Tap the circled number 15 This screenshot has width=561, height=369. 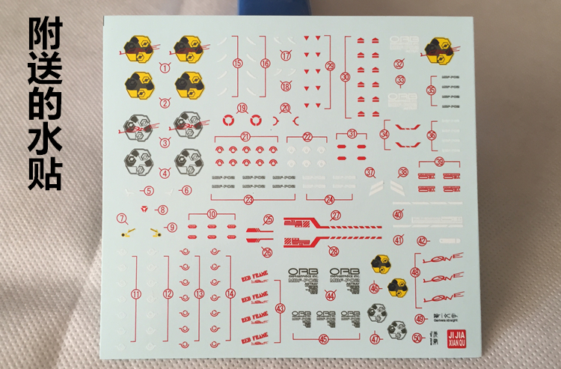[237, 64]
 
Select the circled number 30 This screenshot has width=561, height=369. [345, 76]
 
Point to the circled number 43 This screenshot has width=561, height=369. [280, 307]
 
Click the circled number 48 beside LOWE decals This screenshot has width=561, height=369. [415, 272]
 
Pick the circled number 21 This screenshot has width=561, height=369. [245, 136]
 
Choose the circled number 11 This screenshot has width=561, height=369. [135, 294]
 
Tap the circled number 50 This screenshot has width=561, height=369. [417, 338]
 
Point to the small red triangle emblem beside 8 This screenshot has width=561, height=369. [146, 210]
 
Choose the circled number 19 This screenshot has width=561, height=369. [242, 109]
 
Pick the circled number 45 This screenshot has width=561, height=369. [323, 338]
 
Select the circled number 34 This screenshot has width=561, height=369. [384, 135]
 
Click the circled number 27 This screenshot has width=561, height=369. [336, 216]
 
